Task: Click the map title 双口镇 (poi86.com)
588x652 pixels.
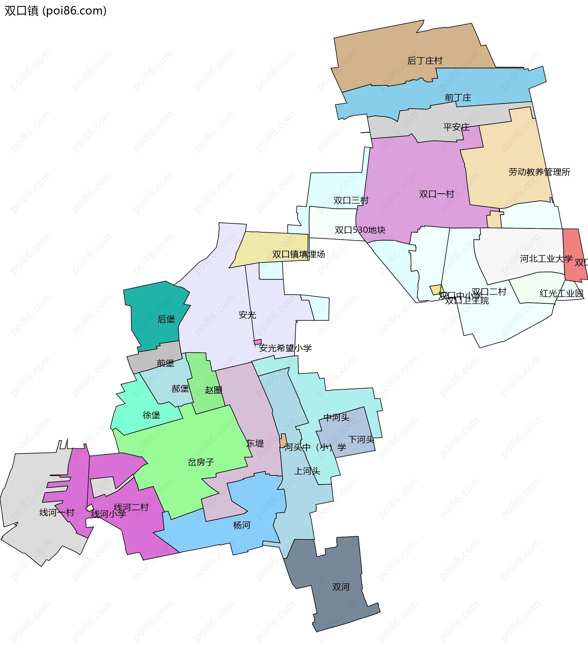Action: coord(55,11)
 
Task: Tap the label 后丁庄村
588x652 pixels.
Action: coord(424,61)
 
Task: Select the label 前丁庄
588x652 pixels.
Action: coord(458,98)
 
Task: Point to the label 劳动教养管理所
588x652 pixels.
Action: coord(539,172)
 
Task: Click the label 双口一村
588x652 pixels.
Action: coord(436,194)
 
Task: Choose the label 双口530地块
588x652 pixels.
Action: coord(360,230)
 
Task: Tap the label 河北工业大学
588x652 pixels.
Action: coord(546,259)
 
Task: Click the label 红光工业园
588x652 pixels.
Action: coord(561,293)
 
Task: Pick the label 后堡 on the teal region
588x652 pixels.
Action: coord(166,319)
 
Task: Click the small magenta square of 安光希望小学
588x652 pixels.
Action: coord(258,342)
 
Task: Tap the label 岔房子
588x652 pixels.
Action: coord(201,462)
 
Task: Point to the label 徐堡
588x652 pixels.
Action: coord(151,415)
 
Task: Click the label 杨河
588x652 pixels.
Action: coord(242,525)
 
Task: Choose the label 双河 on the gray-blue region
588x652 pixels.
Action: coord(341,587)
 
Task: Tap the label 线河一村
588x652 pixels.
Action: coord(57,512)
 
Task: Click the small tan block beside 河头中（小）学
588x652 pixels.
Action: coord(283,441)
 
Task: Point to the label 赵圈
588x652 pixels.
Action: coord(213,390)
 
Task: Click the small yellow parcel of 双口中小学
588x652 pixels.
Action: coord(436,289)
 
